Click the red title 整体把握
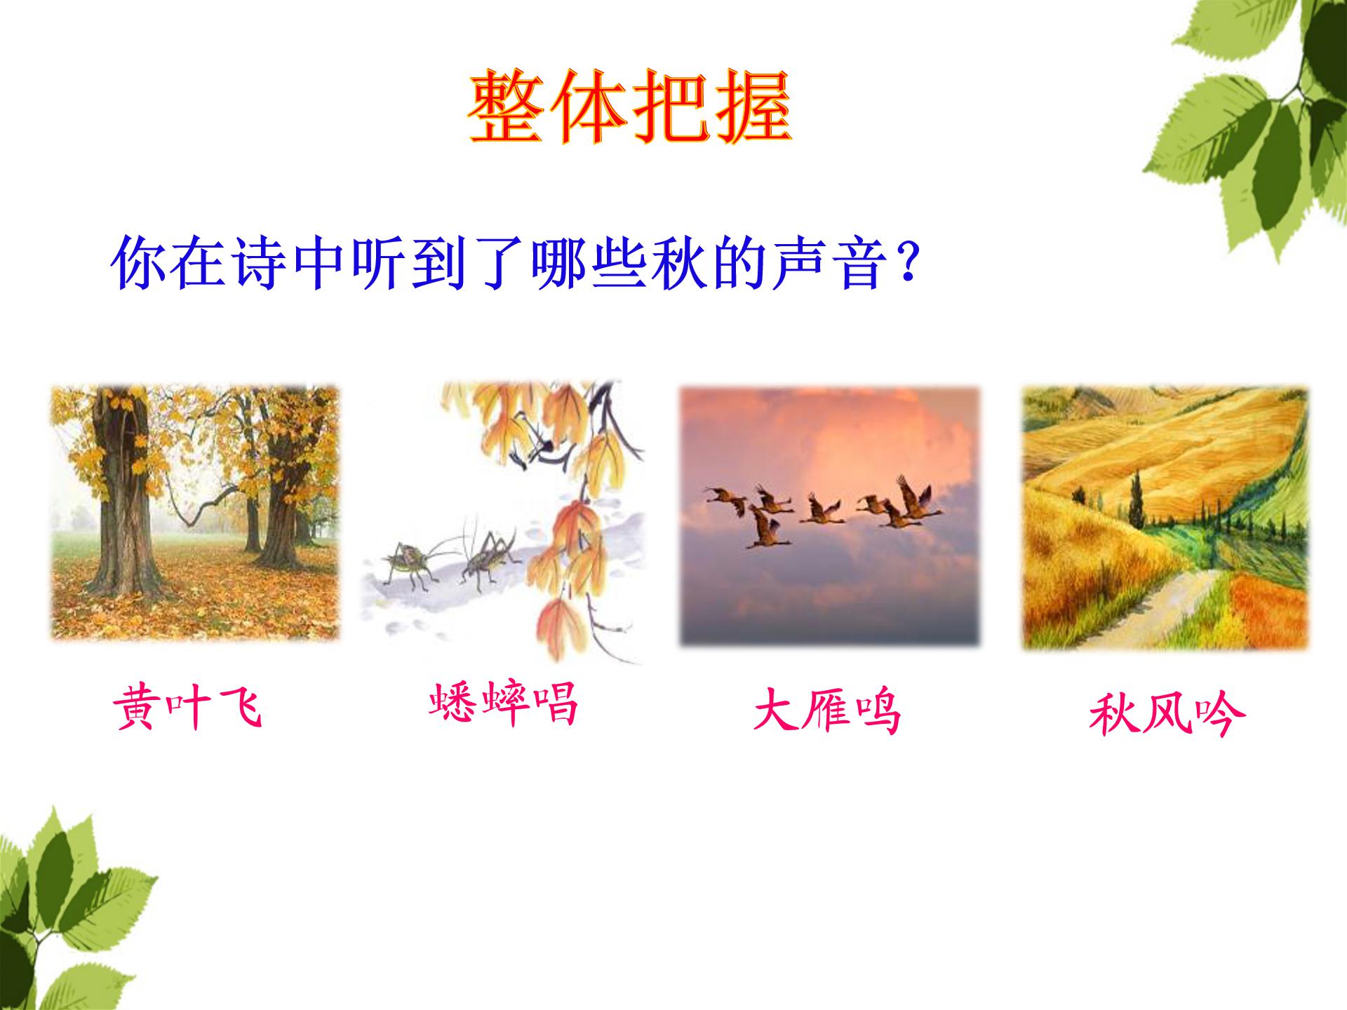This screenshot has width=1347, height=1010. (x=629, y=107)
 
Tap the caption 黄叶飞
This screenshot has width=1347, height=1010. (x=188, y=708)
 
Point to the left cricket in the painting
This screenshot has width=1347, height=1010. (x=409, y=561)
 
